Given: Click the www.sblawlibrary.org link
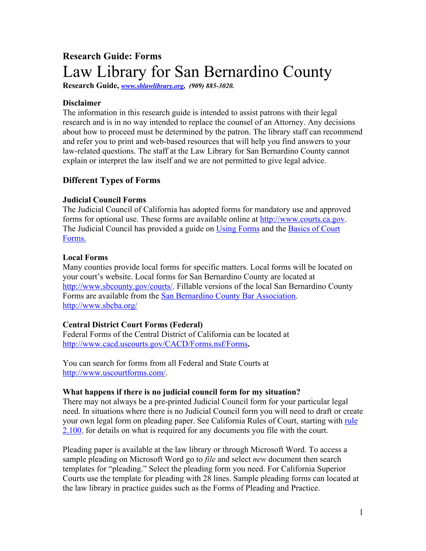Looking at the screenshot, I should pyautogui.click(x=152, y=86).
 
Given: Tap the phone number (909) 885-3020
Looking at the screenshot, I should pyautogui.click(x=211, y=86).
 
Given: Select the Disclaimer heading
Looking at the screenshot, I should pyautogui.click(x=82, y=103).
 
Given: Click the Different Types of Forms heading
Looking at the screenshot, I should pyautogui.click(x=112, y=180).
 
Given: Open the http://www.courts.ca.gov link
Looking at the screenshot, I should pyautogui.click(x=302, y=219).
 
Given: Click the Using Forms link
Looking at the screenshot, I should pyautogui.click(x=238, y=229).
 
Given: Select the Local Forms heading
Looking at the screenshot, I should pyautogui.click(x=85, y=258).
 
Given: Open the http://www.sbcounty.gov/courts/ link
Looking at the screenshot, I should pyautogui.click(x=118, y=287).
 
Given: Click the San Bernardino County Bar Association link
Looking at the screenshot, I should pyautogui.click(x=228, y=296).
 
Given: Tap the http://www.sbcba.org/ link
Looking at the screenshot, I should pyautogui.click(x=100, y=306).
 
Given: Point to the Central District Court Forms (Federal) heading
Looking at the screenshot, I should pyautogui.click(x=133, y=325).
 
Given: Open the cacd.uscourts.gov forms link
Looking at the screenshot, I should pyautogui.click(x=155, y=344).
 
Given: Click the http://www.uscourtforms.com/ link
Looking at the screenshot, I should pyautogui.click(x=114, y=373).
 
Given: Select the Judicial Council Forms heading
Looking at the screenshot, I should pyautogui.click(x=104, y=200).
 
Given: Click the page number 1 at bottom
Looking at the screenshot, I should pyautogui.click(x=361, y=513).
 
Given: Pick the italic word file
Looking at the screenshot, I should pyautogui.click(x=210, y=459).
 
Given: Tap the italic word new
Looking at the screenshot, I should pyautogui.click(x=260, y=459).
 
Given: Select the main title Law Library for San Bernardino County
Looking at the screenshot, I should pyautogui.click(x=197, y=72).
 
